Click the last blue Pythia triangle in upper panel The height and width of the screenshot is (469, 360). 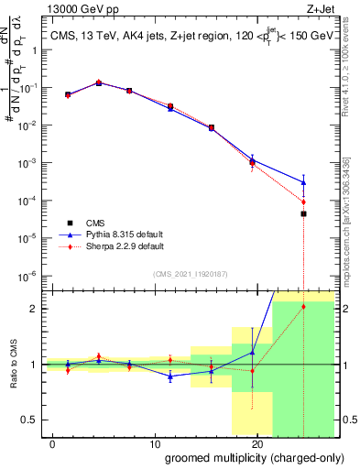(303, 182)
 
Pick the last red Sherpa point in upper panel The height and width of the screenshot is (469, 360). (303, 202)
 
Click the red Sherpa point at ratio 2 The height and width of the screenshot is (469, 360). (303, 306)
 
